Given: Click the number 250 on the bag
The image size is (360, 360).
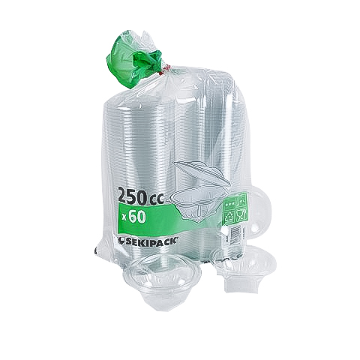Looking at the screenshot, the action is click(x=133, y=196).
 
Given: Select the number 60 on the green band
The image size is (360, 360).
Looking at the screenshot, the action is click(x=137, y=217).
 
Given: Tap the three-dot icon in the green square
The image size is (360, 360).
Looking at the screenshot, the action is click(x=229, y=205).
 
